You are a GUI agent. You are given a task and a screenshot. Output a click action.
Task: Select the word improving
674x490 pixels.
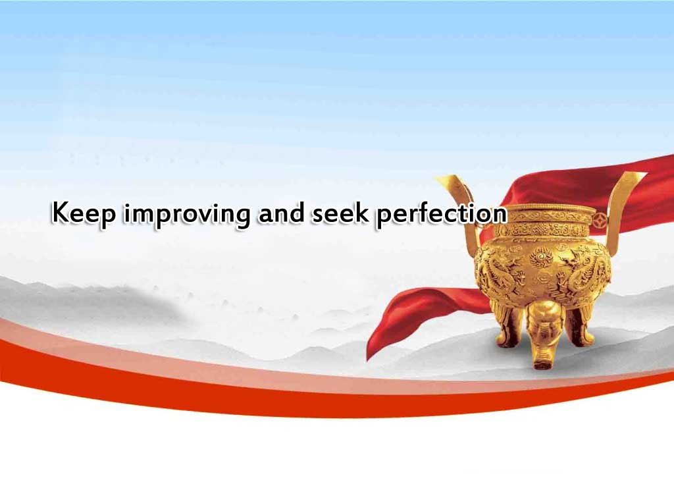(186, 214)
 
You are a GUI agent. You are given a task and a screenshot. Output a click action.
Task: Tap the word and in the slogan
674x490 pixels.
(281, 213)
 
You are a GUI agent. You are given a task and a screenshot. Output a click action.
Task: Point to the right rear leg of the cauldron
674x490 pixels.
(579, 322)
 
